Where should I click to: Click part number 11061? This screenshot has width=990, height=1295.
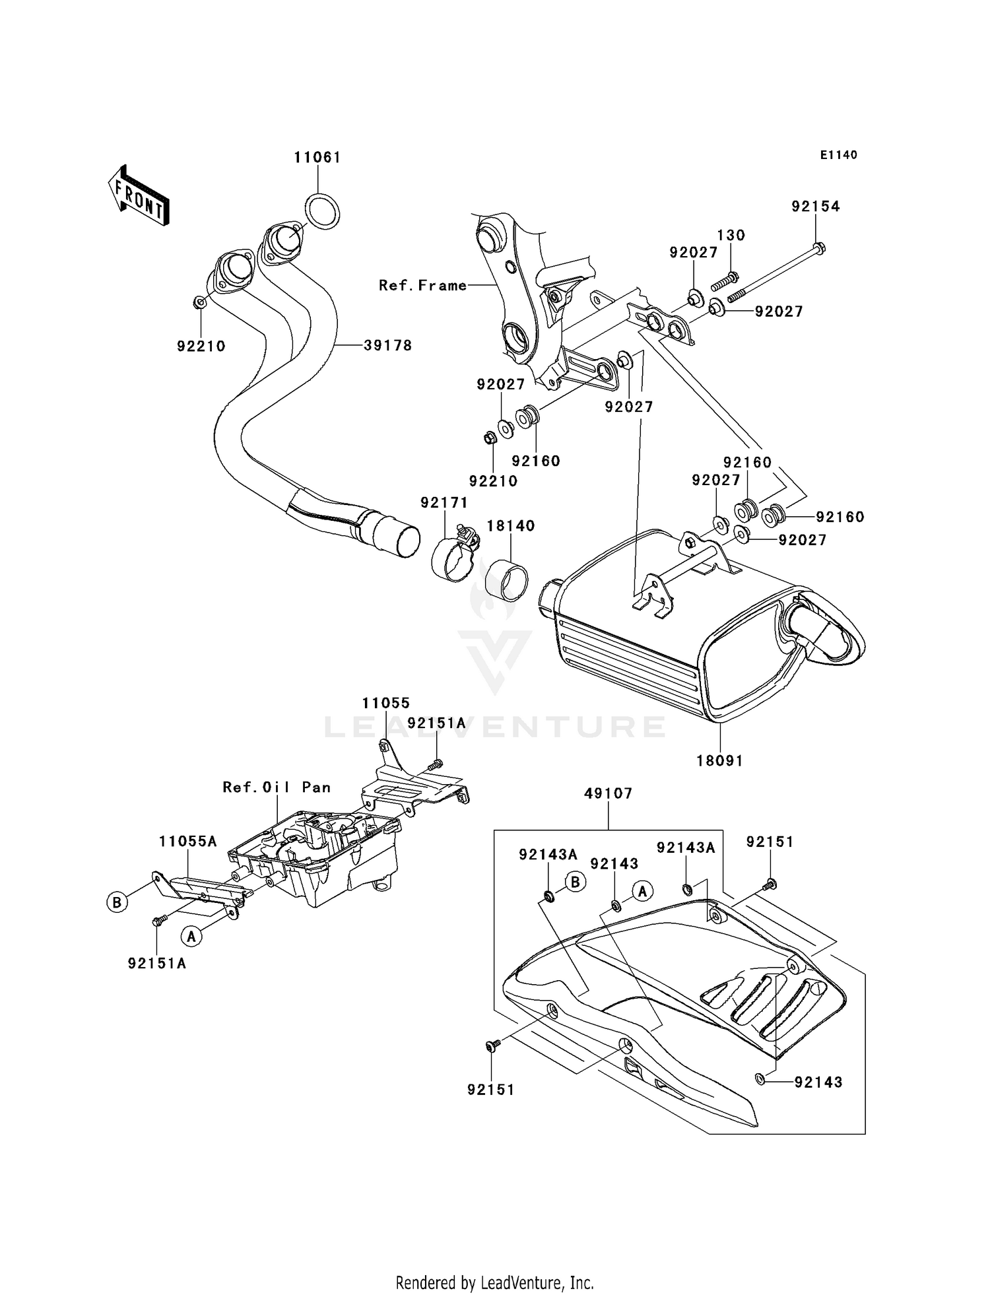[x=317, y=157]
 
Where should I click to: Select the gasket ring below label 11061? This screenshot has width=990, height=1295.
[x=323, y=211]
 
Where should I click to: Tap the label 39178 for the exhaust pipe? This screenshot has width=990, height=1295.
[x=387, y=345]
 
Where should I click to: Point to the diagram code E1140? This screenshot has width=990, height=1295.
[x=838, y=154]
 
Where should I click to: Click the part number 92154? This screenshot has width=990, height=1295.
[x=816, y=206]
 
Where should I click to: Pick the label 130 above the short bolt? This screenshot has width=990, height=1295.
[x=731, y=235]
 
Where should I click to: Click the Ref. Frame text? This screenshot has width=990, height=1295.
[x=422, y=285]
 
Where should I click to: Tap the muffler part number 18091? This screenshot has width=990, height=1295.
[x=719, y=760]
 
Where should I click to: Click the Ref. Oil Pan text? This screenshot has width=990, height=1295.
[x=277, y=787]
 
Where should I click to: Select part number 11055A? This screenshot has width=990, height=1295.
[x=187, y=841]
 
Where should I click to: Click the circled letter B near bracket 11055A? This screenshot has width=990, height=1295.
[x=117, y=902]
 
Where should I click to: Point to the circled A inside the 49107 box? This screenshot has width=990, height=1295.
[x=642, y=891]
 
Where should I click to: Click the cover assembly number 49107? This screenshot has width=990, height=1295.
[x=608, y=793]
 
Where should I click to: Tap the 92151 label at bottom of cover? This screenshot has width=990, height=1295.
[x=490, y=1090]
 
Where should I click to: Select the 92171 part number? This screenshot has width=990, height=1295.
[x=444, y=502]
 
